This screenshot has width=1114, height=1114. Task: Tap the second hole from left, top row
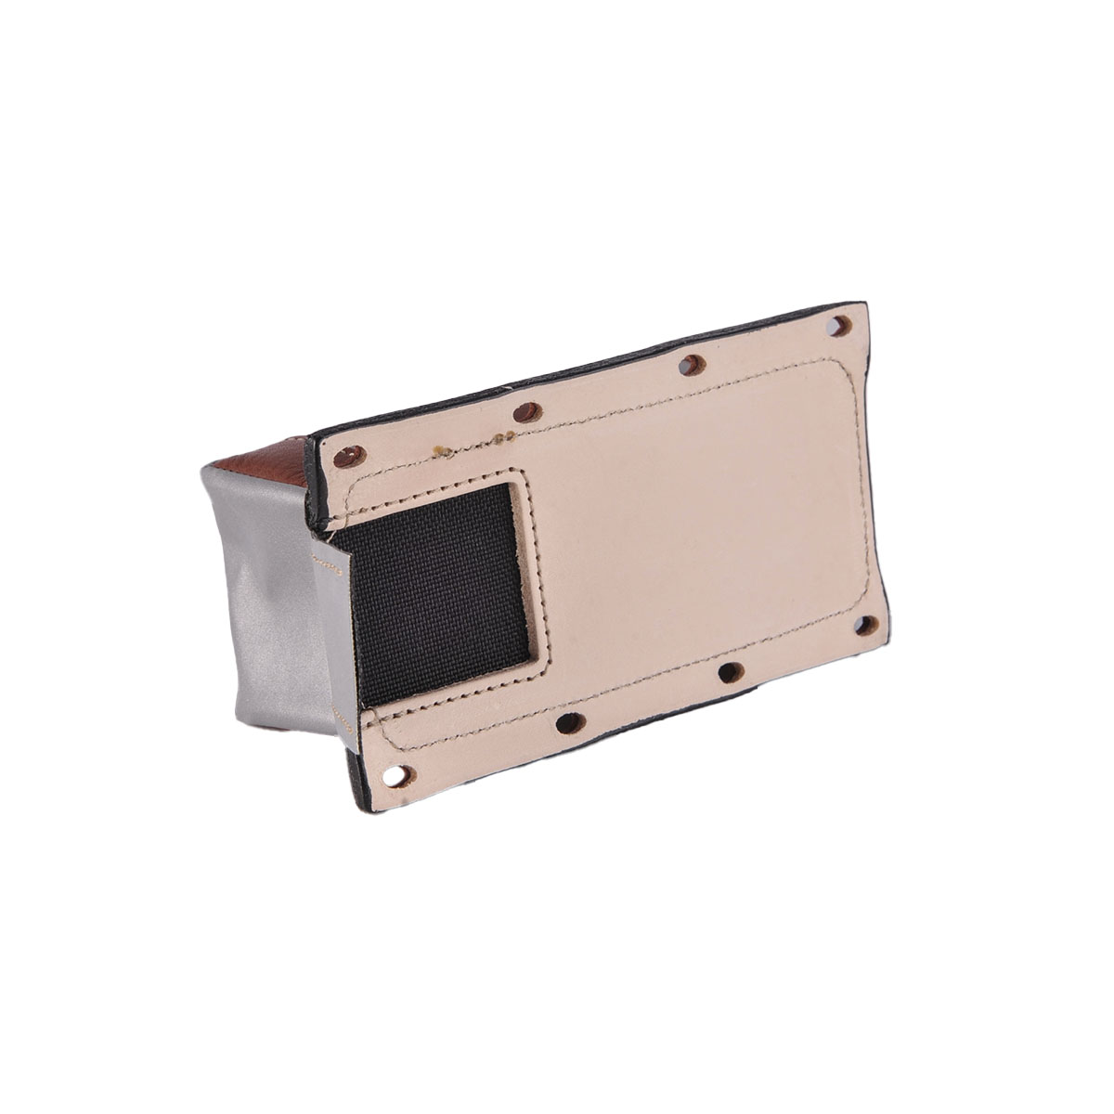(527, 412)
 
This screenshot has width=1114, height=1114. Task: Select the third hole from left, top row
(692, 365)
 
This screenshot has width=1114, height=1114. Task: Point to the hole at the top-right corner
(840, 326)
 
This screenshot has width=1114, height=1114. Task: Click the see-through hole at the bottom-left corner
(398, 772)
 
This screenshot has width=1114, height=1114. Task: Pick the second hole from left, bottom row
(571, 722)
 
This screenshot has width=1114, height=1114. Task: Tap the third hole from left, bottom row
(731, 672)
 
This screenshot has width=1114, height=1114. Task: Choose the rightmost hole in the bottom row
(865, 625)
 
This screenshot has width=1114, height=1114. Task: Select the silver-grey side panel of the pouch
(269, 594)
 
